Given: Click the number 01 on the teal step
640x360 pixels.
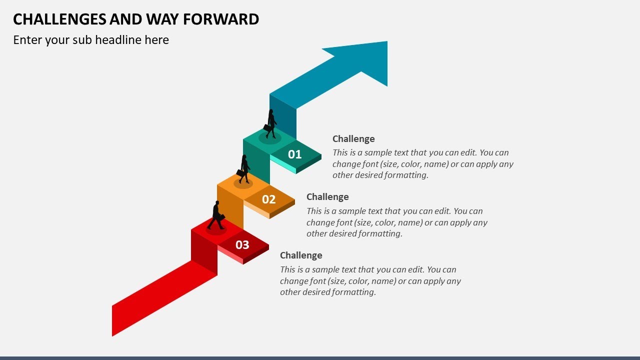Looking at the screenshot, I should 295,154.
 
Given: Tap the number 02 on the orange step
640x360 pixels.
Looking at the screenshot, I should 269,199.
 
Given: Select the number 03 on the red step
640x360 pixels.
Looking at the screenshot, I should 242,244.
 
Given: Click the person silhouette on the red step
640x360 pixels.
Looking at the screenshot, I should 216,215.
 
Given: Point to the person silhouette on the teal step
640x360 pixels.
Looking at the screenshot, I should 271,123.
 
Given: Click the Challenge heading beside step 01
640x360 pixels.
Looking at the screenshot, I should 353,139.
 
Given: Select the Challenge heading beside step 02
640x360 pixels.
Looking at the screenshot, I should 327,197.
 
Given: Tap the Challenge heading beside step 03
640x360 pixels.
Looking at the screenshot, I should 301,255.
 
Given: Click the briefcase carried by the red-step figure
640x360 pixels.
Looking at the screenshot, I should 221,217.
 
